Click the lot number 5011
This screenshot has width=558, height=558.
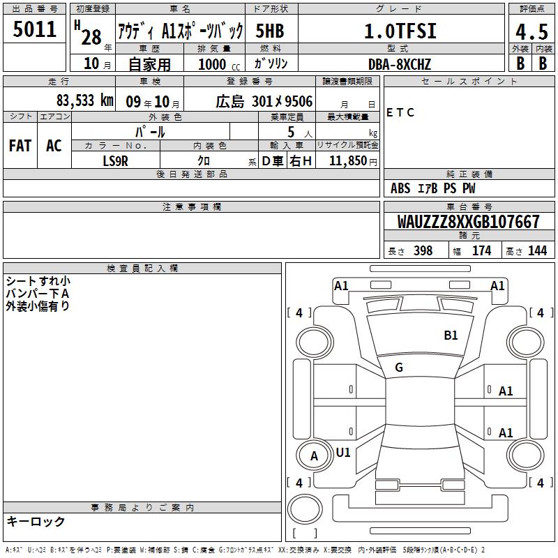tap(34, 29)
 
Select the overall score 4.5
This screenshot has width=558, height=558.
tap(531, 31)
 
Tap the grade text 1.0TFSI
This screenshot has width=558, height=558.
tap(400, 31)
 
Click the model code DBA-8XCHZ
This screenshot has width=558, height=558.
tap(399, 64)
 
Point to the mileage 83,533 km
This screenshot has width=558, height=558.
tap(84, 100)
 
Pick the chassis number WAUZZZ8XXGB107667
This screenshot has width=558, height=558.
tap(468, 222)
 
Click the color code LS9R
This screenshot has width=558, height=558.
tap(115, 161)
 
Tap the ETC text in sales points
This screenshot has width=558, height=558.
tap(400, 112)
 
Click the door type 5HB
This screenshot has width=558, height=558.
tap(270, 31)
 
